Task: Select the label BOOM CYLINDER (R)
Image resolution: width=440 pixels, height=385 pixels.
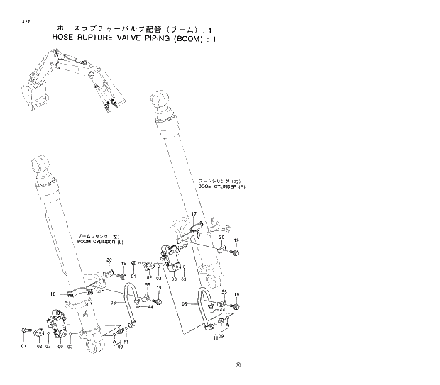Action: (221, 186)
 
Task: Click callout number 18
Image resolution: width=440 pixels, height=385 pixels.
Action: (53, 294)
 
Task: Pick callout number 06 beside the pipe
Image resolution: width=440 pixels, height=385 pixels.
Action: (112, 303)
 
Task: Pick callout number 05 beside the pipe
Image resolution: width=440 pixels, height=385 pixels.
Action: (185, 303)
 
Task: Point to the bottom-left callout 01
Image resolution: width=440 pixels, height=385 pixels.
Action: (23, 346)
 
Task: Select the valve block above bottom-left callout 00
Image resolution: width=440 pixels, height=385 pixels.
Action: (55, 322)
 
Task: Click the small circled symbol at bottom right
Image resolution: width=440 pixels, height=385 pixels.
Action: (238, 366)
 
